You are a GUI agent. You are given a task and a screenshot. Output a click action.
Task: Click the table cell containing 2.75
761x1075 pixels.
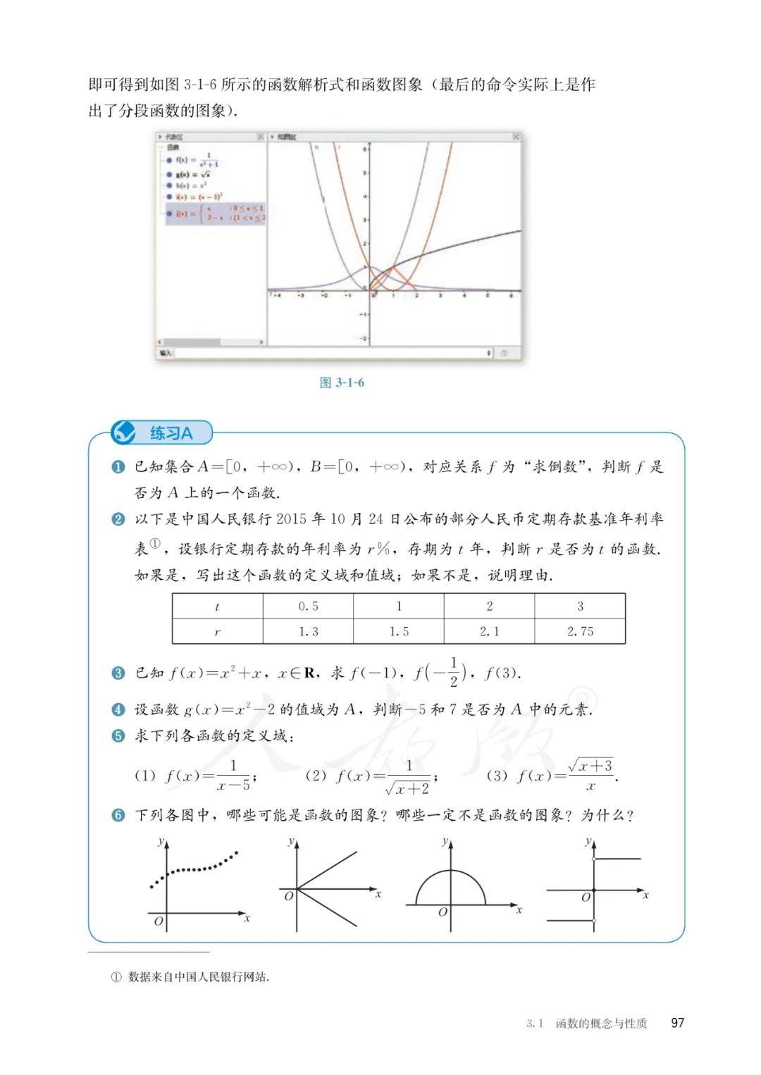click(580, 631)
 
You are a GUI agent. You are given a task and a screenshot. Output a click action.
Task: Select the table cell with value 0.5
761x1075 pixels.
click(308, 606)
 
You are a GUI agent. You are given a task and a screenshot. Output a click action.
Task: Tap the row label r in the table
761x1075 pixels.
click(217, 631)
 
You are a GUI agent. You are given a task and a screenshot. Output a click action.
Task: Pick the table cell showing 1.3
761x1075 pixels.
click(308, 631)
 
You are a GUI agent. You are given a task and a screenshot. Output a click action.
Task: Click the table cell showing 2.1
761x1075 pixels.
click(489, 631)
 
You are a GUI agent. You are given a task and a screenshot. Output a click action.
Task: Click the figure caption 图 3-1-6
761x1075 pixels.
click(342, 383)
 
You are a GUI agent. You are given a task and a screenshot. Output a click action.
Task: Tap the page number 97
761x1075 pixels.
click(677, 1023)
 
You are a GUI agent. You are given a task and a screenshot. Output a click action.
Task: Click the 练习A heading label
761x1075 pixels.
click(171, 433)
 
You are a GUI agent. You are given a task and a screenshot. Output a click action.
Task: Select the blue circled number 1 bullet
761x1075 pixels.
click(118, 467)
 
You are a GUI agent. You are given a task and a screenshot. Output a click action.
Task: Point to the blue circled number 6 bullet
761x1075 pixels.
click(118, 816)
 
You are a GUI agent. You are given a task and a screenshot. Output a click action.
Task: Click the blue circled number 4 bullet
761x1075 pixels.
click(118, 709)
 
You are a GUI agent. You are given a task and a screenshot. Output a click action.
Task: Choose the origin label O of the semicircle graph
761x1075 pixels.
click(443, 912)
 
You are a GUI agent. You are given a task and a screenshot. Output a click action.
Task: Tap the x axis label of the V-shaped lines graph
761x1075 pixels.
click(378, 894)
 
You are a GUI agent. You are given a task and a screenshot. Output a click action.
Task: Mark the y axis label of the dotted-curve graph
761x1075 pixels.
click(161, 841)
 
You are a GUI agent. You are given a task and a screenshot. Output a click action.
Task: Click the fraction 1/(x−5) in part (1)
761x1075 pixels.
click(234, 775)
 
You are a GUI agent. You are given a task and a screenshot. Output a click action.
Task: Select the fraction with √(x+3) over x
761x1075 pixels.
click(590, 775)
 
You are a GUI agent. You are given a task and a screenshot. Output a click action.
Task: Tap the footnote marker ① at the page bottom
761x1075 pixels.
click(117, 977)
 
